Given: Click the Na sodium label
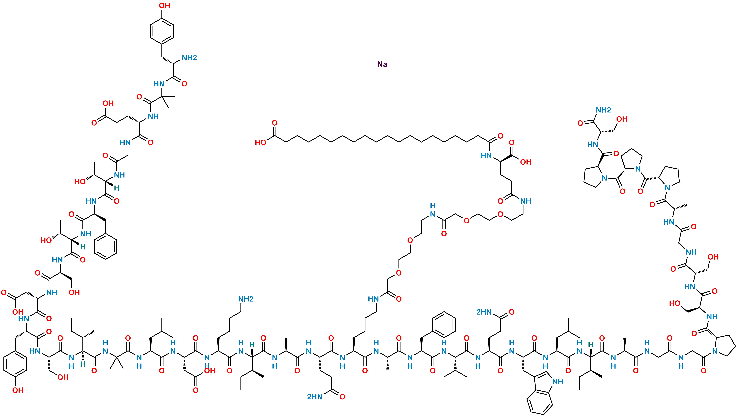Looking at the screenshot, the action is coord(382,64).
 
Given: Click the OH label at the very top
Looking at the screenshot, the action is coord(165,5).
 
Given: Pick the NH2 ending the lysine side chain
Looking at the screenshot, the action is coord(246,299).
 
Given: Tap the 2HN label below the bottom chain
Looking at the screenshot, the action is coord(315,397).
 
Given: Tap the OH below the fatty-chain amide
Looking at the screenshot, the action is coord(526,162).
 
